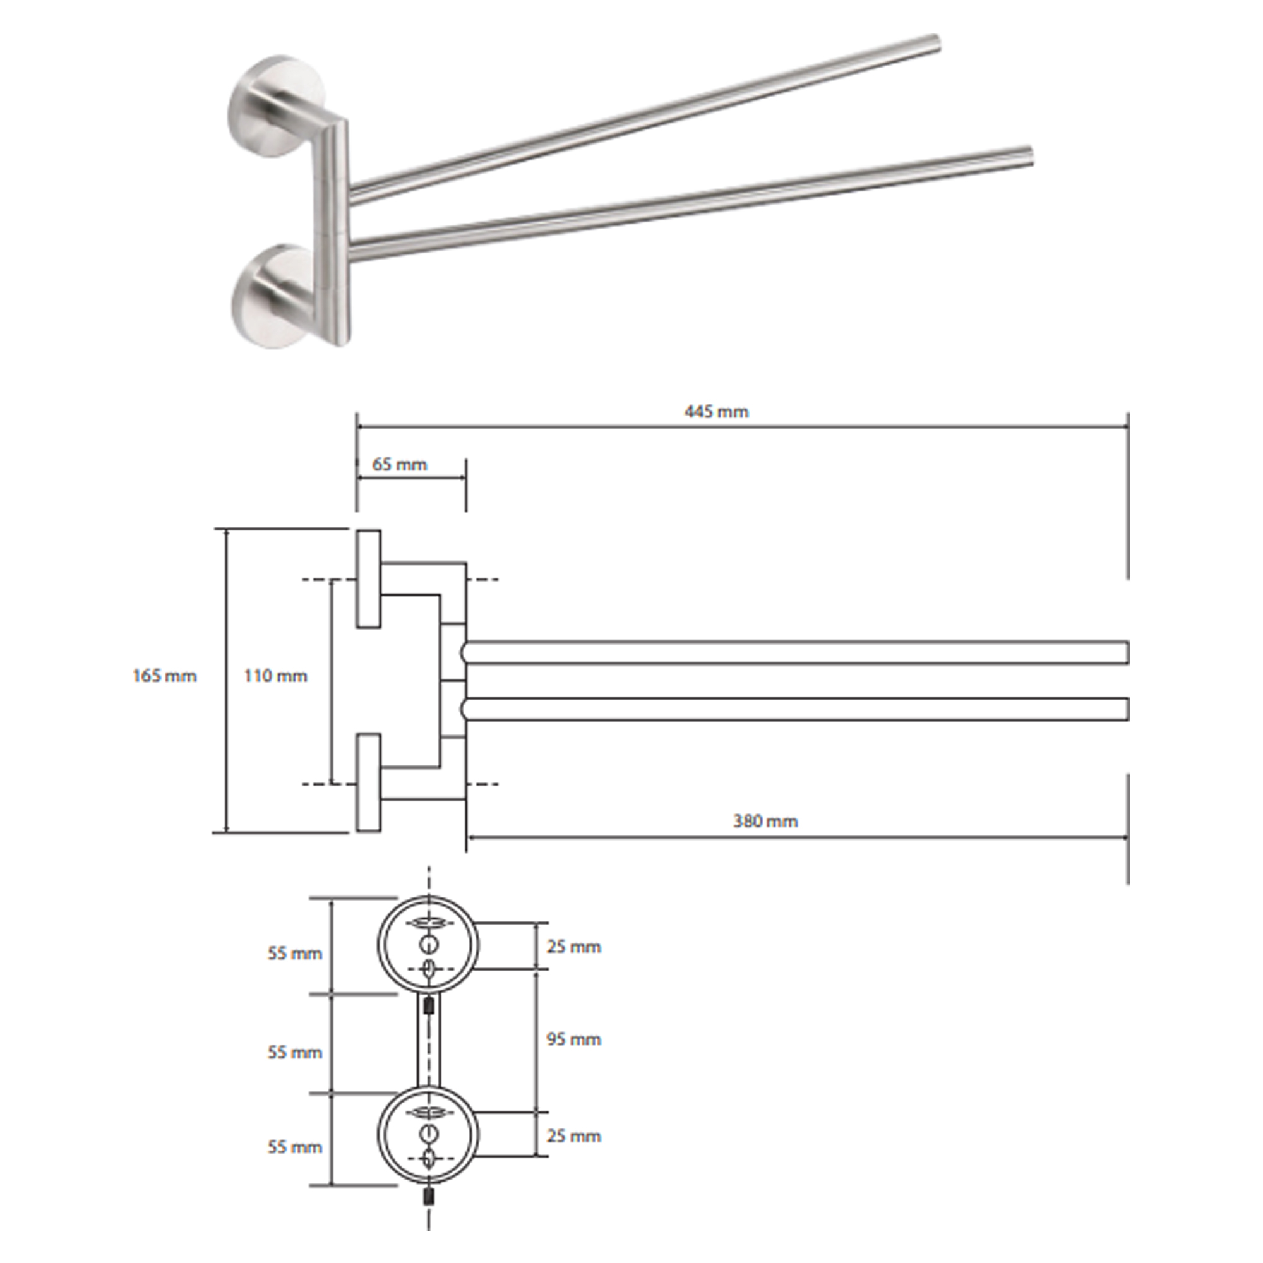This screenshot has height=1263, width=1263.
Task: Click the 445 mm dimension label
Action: pos(716,412)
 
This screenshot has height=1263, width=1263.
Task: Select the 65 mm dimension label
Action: pos(400,464)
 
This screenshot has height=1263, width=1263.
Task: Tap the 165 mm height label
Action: pos(165,676)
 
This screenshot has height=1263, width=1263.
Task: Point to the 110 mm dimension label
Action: pos(276,676)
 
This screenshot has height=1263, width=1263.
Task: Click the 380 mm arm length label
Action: pos(765,821)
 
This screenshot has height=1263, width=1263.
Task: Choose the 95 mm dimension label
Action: pos(574,1039)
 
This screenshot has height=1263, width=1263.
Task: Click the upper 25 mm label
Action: pos(574,947)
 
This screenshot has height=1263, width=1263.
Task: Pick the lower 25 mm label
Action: pos(574,1135)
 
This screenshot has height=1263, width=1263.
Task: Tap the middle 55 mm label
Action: pos(295,1053)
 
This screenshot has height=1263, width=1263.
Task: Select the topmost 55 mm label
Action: pos(295,954)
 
